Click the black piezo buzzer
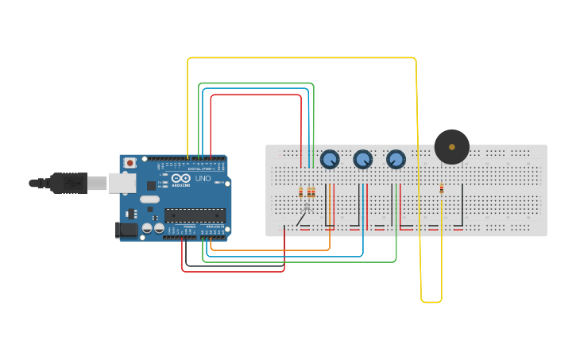click(x=451, y=147)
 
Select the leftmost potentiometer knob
click(x=330, y=159)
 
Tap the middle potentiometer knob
click(x=363, y=160)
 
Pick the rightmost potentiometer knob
click(x=396, y=160)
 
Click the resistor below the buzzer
click(x=442, y=189)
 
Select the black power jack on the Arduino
click(x=126, y=230)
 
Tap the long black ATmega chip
click(x=195, y=215)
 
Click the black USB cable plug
click(x=68, y=183)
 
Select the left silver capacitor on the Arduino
click(x=147, y=228)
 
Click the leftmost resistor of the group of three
click(x=300, y=192)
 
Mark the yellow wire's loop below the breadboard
click(x=431, y=301)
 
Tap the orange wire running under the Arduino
click(x=270, y=250)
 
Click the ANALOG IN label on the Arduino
click(x=215, y=226)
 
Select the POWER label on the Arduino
click(x=189, y=226)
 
